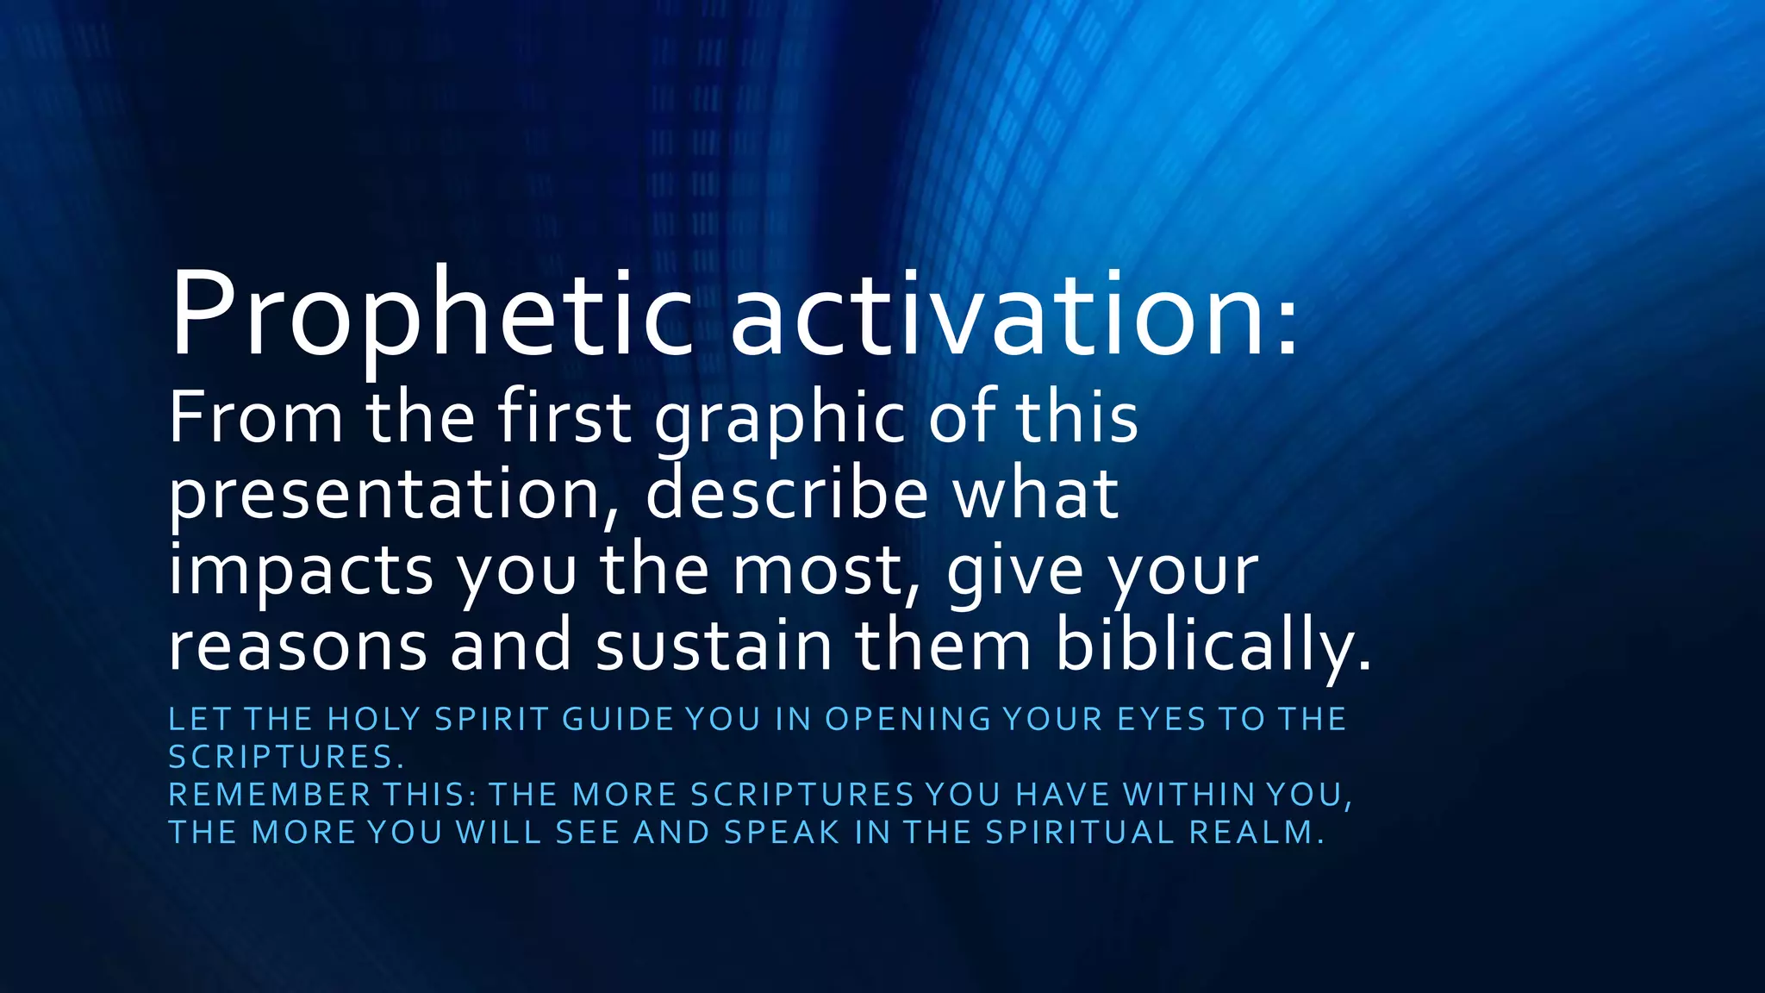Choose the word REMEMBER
[269, 795]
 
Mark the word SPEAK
[782, 833]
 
